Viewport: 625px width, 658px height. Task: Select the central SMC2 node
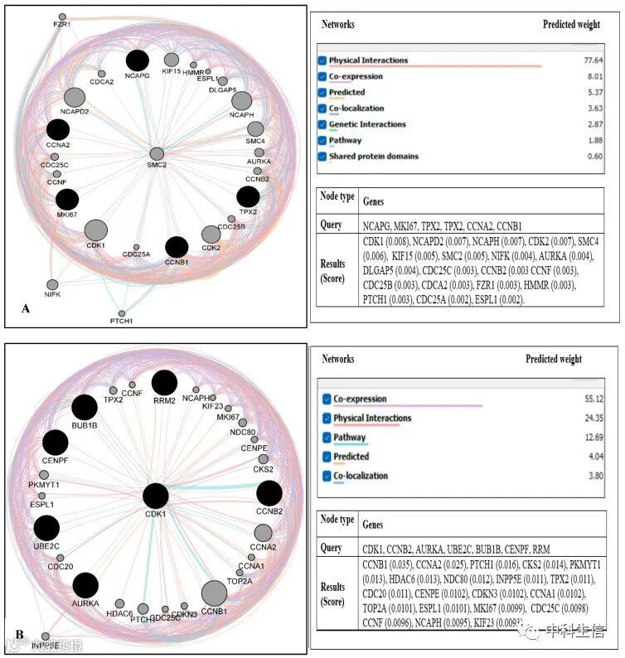(157, 153)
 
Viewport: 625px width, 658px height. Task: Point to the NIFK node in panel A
(52, 284)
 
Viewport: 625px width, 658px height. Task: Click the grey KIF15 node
(172, 60)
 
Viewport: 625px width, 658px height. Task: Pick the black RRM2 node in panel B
(164, 383)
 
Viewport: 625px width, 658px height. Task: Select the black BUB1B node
(85, 407)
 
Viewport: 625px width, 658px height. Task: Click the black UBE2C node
(46, 528)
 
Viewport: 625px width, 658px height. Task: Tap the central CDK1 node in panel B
(156, 496)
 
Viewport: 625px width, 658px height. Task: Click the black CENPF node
(56, 443)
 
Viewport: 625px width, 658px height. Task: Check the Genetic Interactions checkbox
(322, 124)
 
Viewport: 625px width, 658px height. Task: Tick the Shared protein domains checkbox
(322, 156)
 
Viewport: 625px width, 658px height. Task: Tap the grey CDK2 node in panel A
(211, 234)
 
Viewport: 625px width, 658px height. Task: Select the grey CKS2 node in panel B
(263, 459)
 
